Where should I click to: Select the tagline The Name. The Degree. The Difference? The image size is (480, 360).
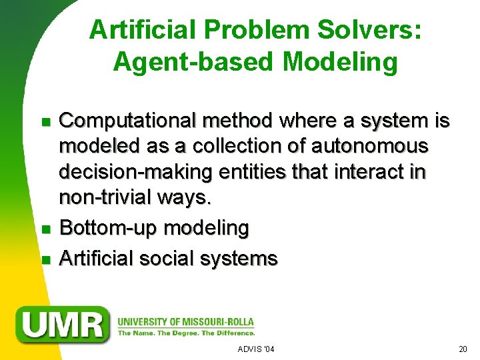[x=186, y=333]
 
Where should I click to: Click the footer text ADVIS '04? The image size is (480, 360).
[x=256, y=349]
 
